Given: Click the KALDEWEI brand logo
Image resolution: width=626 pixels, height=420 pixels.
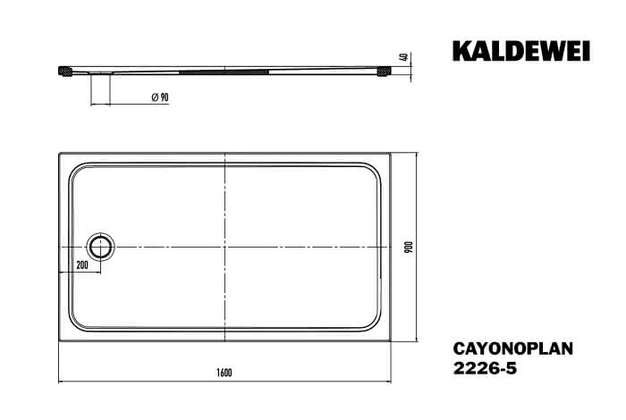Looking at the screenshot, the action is point(521,52).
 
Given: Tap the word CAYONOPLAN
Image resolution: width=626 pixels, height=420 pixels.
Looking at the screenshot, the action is point(513,349).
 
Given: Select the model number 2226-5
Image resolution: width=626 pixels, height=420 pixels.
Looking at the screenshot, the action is point(485,368).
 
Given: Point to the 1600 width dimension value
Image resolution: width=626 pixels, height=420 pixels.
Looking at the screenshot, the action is point(224,373).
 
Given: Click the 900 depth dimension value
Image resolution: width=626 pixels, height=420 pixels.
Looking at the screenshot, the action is point(410,248).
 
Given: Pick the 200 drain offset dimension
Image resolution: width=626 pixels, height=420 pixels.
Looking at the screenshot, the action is point(82,265).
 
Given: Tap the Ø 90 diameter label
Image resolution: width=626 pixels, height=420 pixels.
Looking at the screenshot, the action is point(160,97).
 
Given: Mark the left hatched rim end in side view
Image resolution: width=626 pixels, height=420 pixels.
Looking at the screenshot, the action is point(65,71).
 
